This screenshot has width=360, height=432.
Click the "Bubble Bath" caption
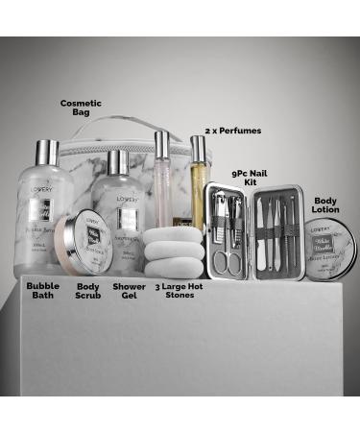point(42,292)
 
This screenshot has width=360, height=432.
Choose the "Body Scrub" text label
point(87,292)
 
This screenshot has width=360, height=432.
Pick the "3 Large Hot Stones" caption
point(180,291)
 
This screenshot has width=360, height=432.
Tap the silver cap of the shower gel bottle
point(119,158)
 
